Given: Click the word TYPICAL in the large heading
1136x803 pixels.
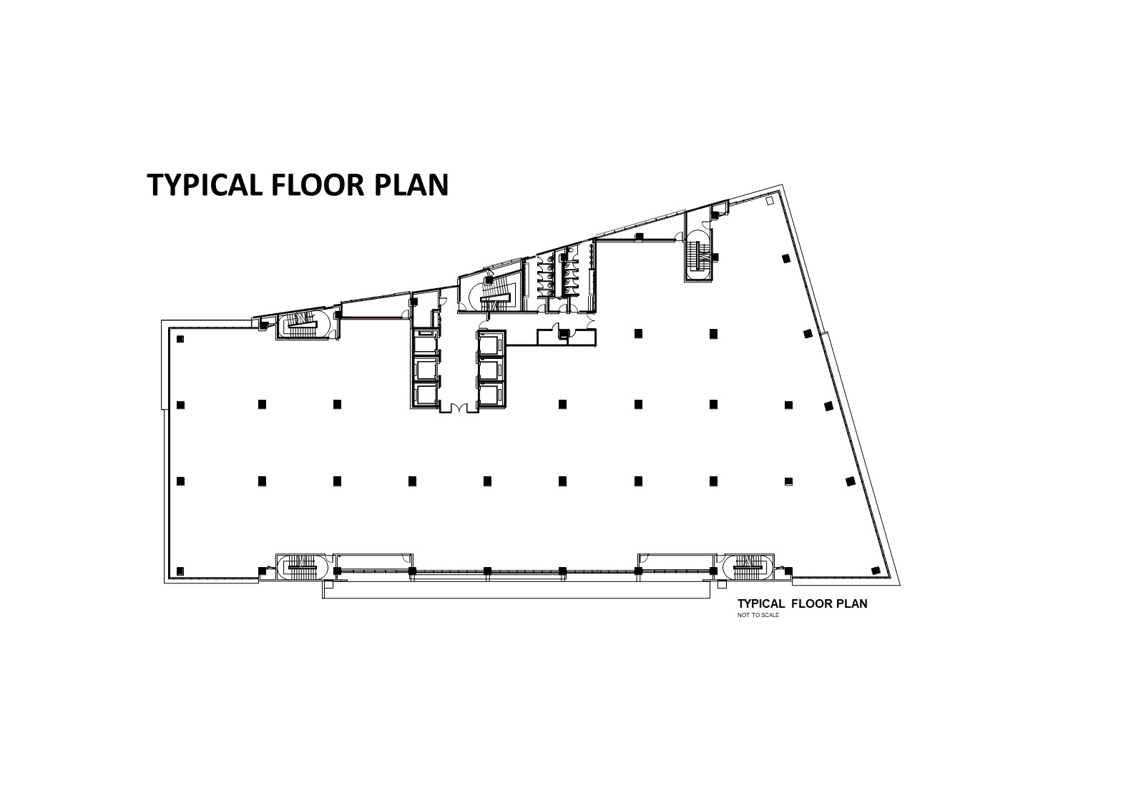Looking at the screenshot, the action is [x=204, y=184].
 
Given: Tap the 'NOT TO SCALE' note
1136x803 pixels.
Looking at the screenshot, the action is [x=758, y=616].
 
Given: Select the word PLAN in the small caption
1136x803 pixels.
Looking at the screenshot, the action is [x=853, y=604].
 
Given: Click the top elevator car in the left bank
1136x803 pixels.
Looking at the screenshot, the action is [x=425, y=343].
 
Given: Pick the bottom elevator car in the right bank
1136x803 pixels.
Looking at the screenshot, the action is [x=491, y=395].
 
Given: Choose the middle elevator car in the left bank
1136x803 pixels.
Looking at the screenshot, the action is [x=425, y=370].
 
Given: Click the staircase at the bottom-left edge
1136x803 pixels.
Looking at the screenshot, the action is [x=303, y=567].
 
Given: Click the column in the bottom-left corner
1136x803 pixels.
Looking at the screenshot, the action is [x=180, y=571].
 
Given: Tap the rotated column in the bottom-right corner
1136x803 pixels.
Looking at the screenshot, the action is [x=876, y=571].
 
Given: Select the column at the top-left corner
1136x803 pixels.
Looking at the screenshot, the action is [x=180, y=339].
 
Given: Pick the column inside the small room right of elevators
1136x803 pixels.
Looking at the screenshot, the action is [x=564, y=333].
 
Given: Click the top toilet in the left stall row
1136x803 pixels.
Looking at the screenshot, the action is [x=549, y=259].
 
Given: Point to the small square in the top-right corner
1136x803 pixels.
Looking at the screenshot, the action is [x=769, y=201].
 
